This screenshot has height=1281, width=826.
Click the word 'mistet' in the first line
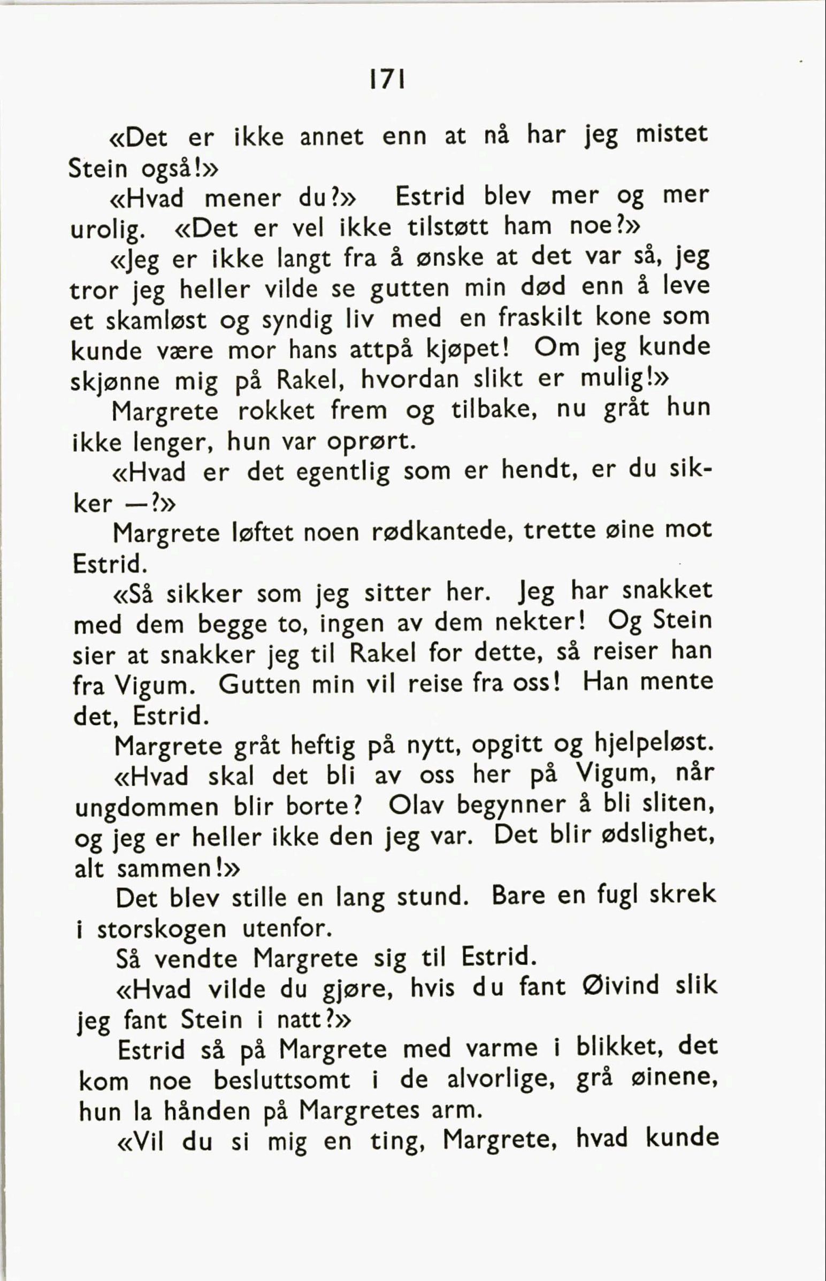tap(671, 135)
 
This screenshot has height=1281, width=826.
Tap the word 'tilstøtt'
tap(448, 228)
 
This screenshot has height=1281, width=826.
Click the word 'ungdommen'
tap(147, 808)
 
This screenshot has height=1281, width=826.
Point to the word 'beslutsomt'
tap(281, 1080)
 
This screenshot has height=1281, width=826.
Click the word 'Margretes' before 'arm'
tap(359, 1110)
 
